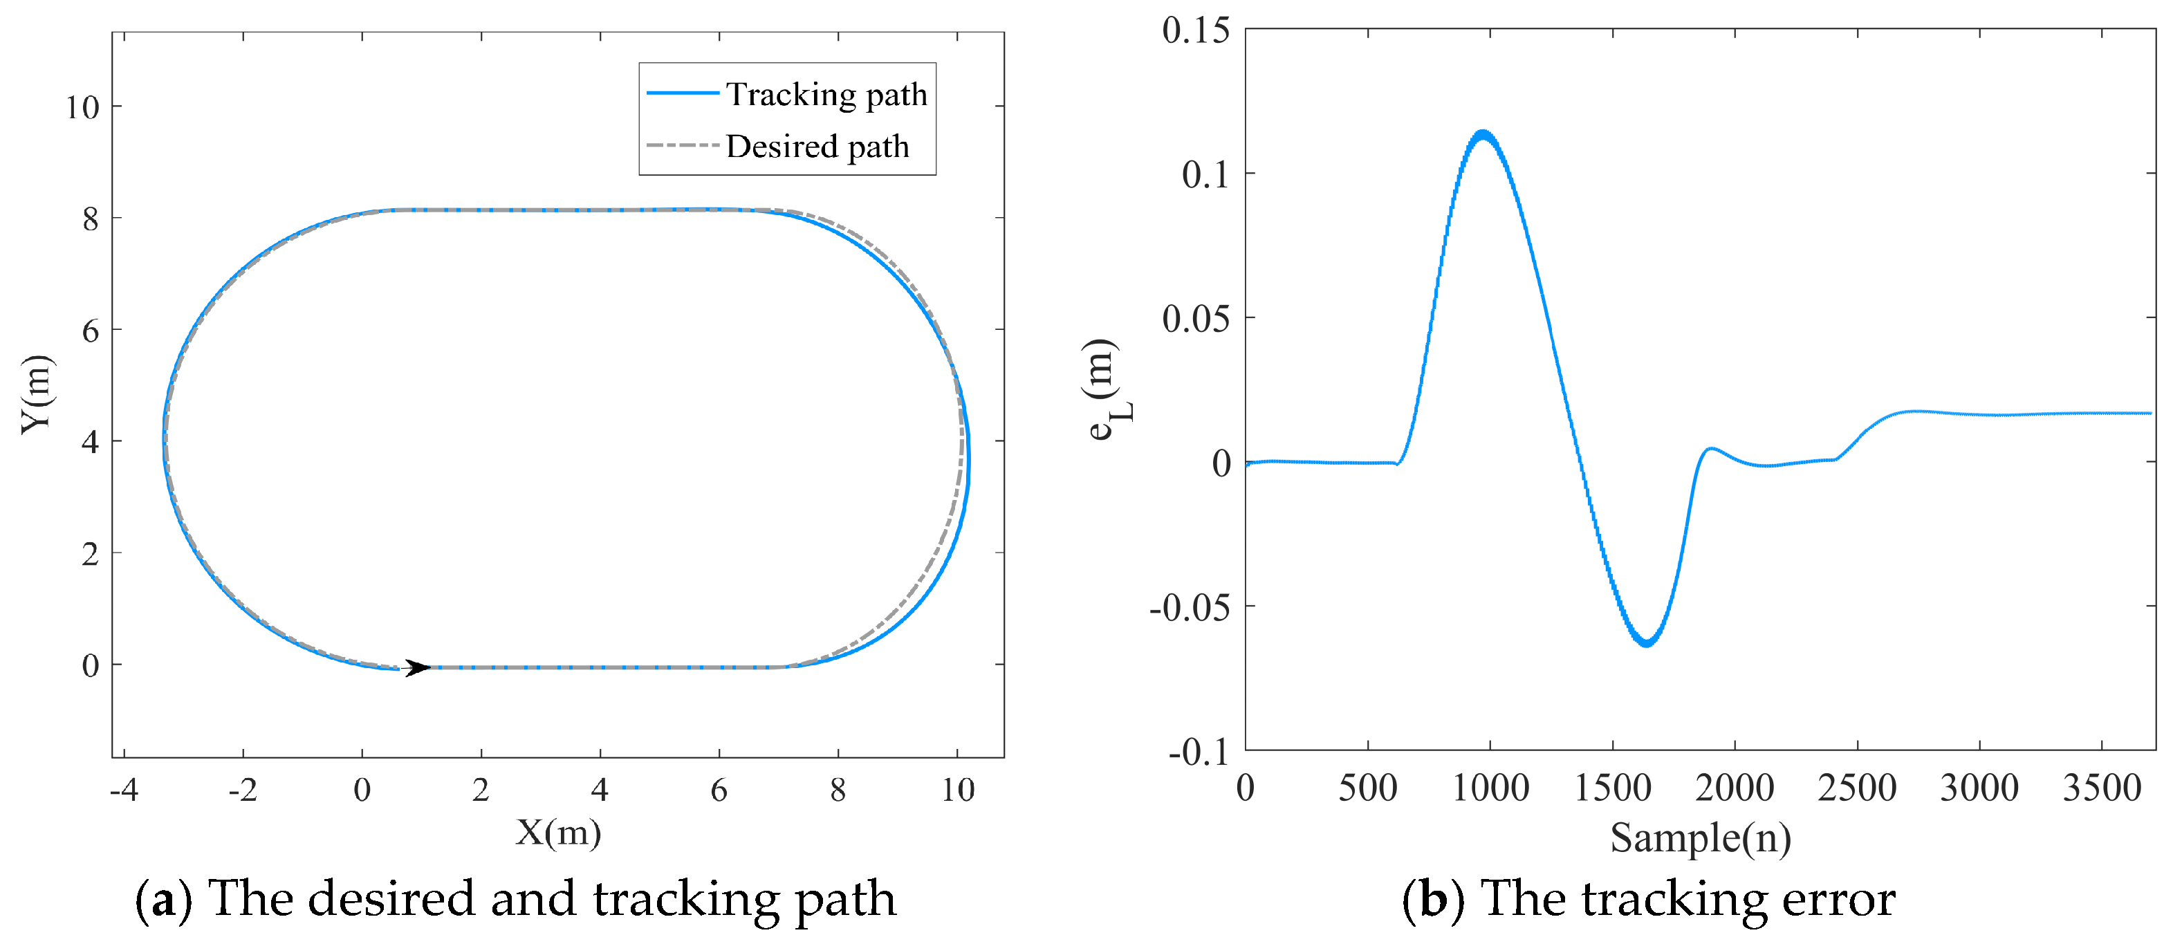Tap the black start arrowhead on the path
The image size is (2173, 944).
418,667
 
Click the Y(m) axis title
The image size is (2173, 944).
38,394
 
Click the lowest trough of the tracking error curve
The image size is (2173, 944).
1646,644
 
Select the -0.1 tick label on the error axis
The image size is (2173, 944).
1199,751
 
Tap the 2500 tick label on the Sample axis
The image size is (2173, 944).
1857,788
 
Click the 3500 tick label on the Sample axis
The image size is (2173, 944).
2101,788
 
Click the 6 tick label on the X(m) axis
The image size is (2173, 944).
719,790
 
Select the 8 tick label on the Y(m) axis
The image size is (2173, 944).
91,219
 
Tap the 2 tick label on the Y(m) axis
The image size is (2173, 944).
91,554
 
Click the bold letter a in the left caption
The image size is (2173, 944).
164,898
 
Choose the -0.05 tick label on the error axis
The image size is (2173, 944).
1190,607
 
